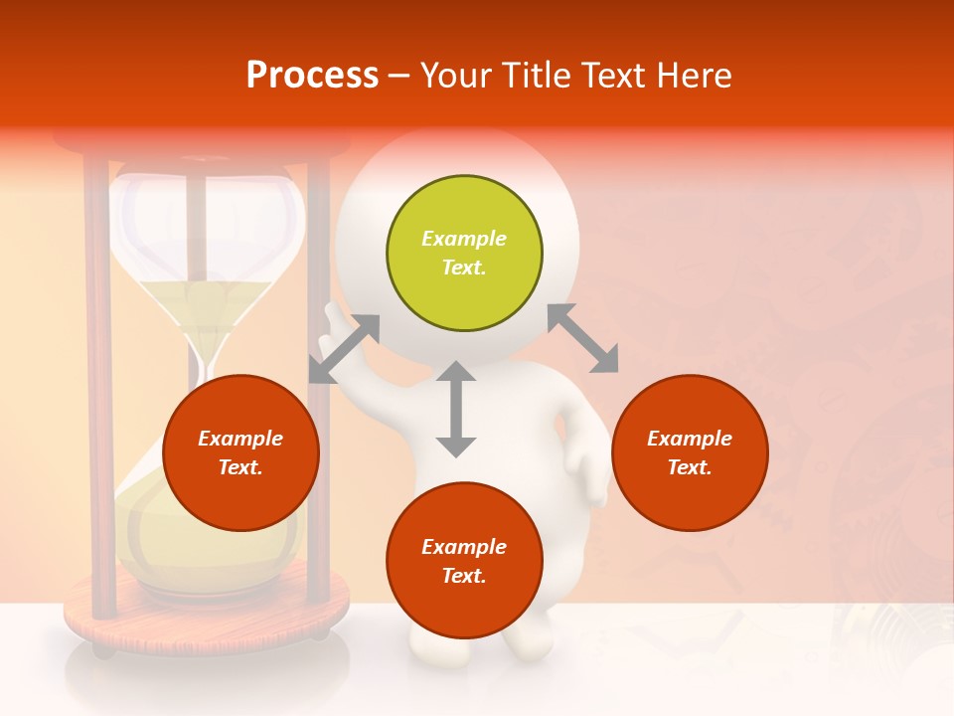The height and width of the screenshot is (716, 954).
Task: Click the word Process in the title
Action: (x=312, y=76)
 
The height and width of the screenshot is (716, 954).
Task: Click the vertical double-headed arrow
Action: (x=456, y=409)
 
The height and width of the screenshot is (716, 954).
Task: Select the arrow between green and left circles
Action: (x=344, y=349)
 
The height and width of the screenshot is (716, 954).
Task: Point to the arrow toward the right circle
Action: (x=583, y=338)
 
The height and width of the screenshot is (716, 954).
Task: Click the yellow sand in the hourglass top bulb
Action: (x=207, y=303)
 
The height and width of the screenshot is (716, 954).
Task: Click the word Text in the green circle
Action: (x=463, y=268)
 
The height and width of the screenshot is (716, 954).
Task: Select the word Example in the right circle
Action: (x=690, y=439)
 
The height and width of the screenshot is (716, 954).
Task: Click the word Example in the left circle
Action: (x=240, y=439)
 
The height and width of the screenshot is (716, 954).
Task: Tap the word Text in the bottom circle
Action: (x=463, y=576)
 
